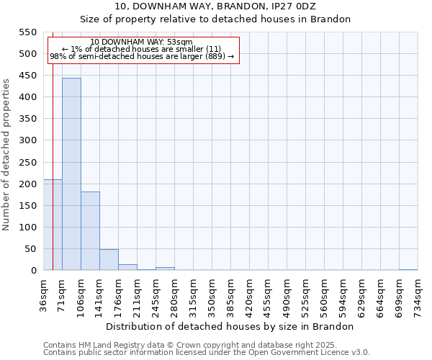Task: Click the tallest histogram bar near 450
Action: pyautogui.click(x=71, y=174)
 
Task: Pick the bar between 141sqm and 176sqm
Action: pyautogui.click(x=109, y=260)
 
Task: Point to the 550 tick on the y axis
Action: pyautogui.click(x=27, y=32)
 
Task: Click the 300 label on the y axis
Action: pyautogui.click(x=27, y=140)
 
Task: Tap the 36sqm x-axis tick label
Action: pyautogui.click(x=44, y=293)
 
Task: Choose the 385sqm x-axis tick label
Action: pyautogui.click(x=231, y=293)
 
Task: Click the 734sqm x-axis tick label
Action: pyautogui.click(x=418, y=293)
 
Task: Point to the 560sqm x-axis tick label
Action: pyautogui.click(x=325, y=293)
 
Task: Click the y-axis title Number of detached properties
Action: pyautogui.click(x=6, y=155)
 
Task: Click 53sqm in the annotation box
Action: pyautogui.click(x=179, y=42)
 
